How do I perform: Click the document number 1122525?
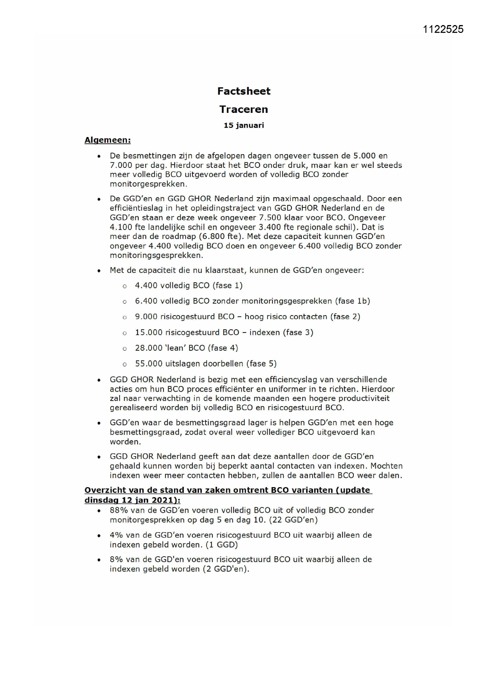[x=443, y=29]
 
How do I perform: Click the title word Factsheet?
[x=243, y=91]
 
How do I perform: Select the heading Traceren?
[x=243, y=109]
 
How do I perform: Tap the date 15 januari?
[x=243, y=125]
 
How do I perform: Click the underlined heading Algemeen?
[x=107, y=140]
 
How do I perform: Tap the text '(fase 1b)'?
[x=352, y=301]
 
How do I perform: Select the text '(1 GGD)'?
[x=222, y=545]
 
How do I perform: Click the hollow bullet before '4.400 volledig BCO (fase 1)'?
[x=125, y=286]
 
